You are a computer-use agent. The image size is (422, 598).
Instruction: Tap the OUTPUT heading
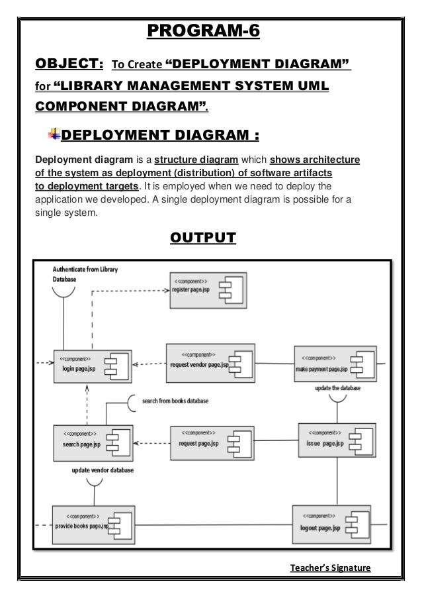tap(202, 237)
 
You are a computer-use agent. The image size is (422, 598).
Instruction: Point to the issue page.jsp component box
tap(331, 438)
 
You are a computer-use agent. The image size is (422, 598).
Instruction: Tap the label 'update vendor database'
tap(103, 470)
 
